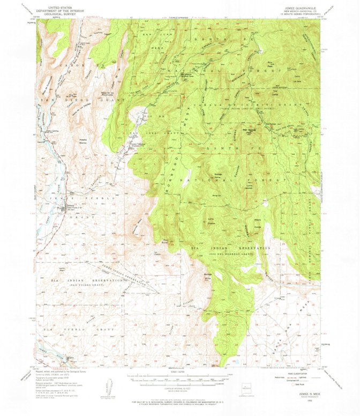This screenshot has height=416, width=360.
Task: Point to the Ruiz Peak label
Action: (271, 64)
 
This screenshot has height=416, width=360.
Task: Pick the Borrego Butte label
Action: (208, 278)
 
